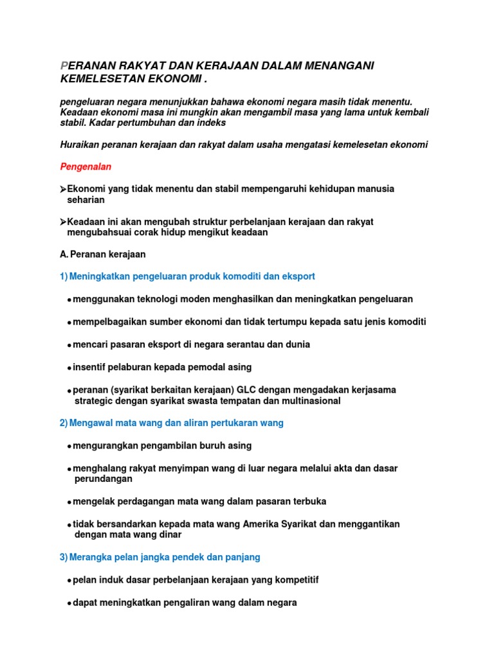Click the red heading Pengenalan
pyautogui.click(x=86, y=167)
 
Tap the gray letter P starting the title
pyautogui.click(x=63, y=66)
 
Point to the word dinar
pyautogui.click(x=169, y=535)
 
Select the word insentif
pyautogui.click(x=91, y=368)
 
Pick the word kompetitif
pyautogui.click(x=293, y=580)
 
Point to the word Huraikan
pyautogui.click(x=79, y=145)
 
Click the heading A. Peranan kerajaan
pyautogui.click(x=102, y=254)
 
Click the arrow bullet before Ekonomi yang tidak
pyautogui.click(x=63, y=190)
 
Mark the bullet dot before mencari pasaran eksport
pyautogui.click(x=69, y=346)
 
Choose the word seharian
pyautogui.click(x=86, y=200)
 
